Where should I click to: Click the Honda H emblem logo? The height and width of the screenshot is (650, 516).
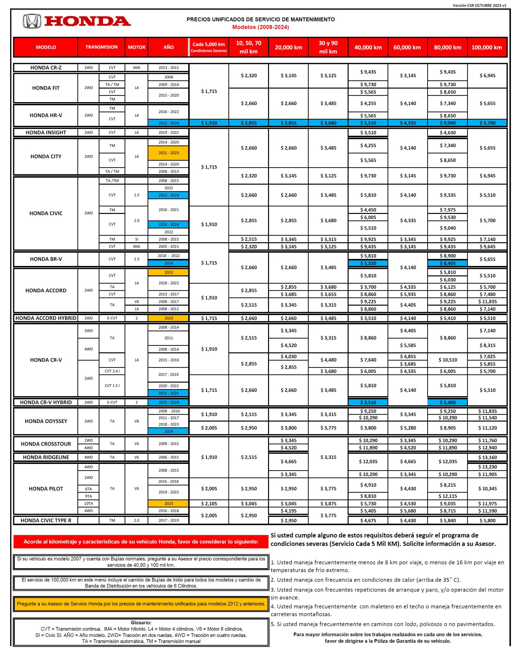tap(32, 21)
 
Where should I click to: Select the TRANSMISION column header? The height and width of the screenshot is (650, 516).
tap(101, 47)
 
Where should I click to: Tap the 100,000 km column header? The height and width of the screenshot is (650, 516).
tap(487, 47)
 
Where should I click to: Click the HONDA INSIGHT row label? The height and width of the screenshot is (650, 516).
tap(46, 132)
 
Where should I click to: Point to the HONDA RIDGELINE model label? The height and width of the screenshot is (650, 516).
tap(46, 457)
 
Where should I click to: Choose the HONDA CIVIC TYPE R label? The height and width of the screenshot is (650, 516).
tap(46, 520)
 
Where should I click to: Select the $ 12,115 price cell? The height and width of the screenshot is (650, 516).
tap(447, 496)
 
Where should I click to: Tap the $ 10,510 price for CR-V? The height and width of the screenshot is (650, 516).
tap(447, 360)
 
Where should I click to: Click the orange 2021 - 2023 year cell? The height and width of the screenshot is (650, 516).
tap(169, 153)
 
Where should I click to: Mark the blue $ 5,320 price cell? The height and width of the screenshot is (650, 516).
tap(368, 263)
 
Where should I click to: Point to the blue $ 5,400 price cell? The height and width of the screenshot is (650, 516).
tap(447, 402)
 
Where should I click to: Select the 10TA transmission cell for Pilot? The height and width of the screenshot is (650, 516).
tap(88, 503)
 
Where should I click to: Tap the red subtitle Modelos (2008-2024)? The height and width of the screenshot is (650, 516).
tap(260, 27)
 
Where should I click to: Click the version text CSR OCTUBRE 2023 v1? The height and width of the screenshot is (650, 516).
tap(479, 5)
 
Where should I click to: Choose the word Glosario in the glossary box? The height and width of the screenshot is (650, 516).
tap(141, 622)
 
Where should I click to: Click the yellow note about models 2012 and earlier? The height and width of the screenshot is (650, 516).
tap(141, 604)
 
